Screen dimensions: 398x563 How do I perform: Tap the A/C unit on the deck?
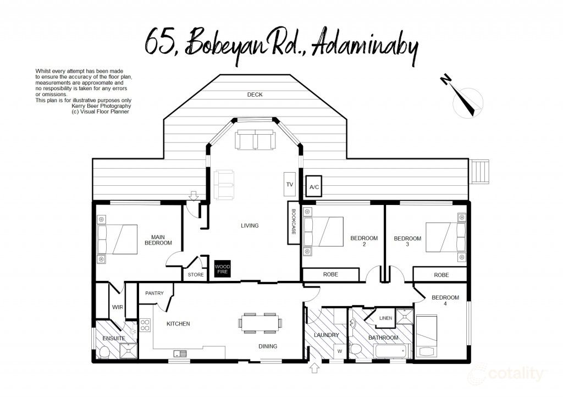pos(314,187)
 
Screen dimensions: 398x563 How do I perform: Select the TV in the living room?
pos(290,185)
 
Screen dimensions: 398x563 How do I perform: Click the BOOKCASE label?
pos(294,222)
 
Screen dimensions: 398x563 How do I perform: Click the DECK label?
pos(255,95)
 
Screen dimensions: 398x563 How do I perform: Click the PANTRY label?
pos(154,293)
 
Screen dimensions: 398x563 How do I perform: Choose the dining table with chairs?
pos(261,323)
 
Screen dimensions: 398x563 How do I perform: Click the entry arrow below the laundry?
pos(315,368)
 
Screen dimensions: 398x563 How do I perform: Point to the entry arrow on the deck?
pos(193,195)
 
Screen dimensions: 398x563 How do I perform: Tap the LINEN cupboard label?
pos(385,318)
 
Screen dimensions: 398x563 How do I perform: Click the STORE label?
pos(196,274)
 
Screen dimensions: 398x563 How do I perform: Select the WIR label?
pos(117,307)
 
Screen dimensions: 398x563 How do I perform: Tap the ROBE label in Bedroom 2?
pos(330,274)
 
